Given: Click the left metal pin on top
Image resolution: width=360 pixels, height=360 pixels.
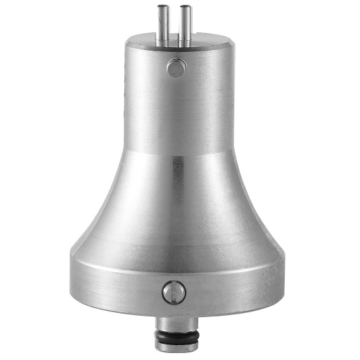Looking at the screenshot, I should pos(162,26).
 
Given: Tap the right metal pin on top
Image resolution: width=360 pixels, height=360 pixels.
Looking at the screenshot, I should pos(186,26).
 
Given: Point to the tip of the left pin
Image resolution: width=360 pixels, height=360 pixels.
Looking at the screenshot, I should pos(162,8).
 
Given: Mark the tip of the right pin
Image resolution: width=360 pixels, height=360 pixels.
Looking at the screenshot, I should pos(186,8).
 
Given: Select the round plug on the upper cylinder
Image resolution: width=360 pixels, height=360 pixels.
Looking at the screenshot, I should pos(175,68).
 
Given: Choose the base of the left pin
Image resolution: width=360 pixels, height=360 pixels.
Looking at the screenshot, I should pos(162,44).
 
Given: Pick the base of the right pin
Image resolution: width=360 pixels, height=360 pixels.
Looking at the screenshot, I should pos(186,44).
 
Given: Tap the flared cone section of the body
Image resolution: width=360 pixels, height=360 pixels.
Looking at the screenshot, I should pos(176,211).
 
